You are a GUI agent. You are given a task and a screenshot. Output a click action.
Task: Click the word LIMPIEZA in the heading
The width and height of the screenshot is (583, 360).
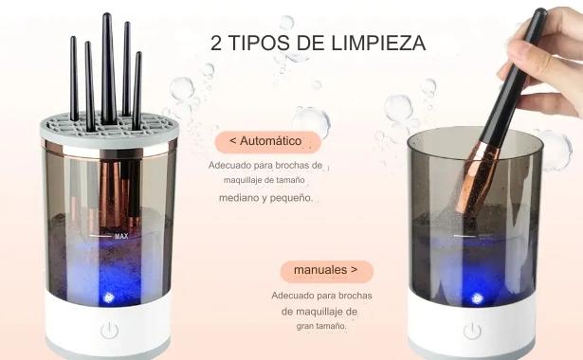(378, 43)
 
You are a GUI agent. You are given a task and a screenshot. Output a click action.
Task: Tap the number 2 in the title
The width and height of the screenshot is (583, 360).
(215, 43)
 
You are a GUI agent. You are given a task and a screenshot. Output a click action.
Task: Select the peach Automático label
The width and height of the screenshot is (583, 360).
(267, 142)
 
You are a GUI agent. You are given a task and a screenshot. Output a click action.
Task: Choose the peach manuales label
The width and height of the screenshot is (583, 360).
(326, 271)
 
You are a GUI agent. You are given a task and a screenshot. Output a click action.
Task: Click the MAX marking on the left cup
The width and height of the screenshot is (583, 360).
(121, 236)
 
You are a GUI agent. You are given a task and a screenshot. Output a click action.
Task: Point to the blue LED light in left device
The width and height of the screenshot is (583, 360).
(108, 297)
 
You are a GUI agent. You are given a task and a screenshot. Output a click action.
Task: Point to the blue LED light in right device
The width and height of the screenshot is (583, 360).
(478, 298)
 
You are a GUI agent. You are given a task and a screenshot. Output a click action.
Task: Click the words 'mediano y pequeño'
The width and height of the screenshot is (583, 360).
(266, 198)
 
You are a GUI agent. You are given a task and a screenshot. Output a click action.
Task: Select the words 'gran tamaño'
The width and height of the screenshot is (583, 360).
(321, 326)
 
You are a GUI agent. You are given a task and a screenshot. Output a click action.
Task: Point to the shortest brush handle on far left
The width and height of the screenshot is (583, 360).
(74, 79)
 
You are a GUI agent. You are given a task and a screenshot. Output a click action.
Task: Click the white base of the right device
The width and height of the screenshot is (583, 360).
(472, 326)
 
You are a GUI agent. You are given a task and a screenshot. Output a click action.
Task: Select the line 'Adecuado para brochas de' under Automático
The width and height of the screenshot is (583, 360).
(265, 166)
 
